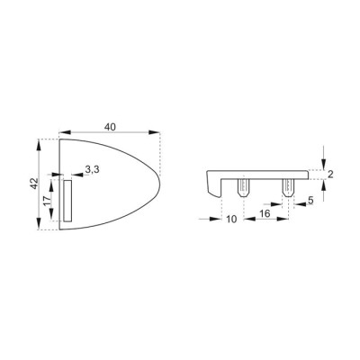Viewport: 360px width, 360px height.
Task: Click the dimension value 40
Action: pyautogui.click(x=110, y=127)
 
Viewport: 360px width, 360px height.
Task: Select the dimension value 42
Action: pyautogui.click(x=35, y=184)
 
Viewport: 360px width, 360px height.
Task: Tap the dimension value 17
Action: pyautogui.click(x=47, y=201)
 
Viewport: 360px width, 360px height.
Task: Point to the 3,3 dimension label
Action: pyautogui.click(x=92, y=169)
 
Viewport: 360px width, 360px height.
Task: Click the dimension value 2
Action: pyautogui.click(x=330, y=175)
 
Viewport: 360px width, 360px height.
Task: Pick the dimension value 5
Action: pyautogui.click(x=310, y=200)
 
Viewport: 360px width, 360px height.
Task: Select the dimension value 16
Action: pyautogui.click(x=265, y=213)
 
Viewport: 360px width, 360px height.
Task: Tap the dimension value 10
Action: pyautogui.click(x=232, y=220)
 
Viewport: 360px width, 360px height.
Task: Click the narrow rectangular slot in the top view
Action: pyautogui.click(x=67, y=201)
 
